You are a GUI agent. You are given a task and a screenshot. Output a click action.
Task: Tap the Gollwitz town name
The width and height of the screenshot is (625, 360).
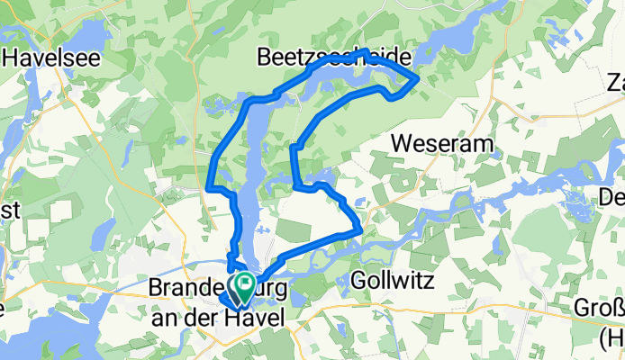tap(392, 282)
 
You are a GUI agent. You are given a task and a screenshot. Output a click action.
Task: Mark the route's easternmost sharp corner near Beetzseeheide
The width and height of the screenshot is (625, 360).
tap(417, 80)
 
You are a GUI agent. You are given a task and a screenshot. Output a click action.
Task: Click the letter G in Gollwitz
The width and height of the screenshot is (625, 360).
tap(357, 282)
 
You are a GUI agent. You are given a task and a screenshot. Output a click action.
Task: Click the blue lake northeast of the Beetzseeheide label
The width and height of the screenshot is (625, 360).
tap(468, 31)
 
